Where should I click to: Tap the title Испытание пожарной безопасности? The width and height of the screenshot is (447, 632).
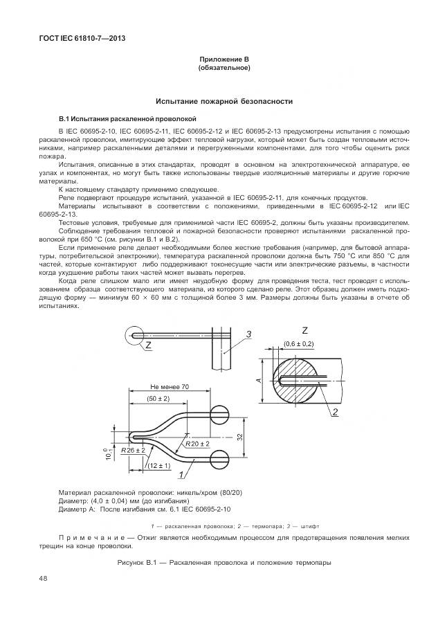coord(223,101)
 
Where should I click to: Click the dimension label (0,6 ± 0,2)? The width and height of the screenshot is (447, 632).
coord(298,343)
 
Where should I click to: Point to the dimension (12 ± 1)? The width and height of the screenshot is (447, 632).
coord(159,467)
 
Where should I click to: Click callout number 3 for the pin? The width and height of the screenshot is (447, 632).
coord(248,334)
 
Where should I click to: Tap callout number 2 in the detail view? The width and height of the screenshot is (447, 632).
coord(334,413)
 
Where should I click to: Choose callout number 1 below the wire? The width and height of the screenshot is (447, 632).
coord(181,476)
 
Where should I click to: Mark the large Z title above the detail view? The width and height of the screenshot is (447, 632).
coord(305,330)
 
